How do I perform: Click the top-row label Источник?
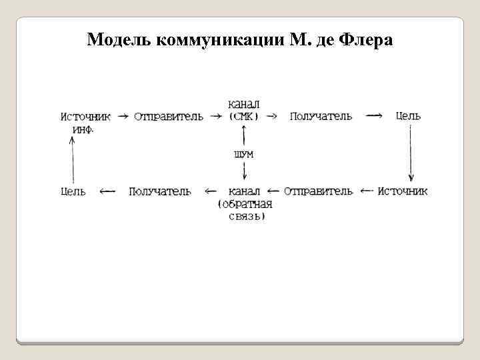tap(86, 116)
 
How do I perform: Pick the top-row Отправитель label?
tap(169, 116)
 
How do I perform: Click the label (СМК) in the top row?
tap(244, 116)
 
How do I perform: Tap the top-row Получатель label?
tap(321, 116)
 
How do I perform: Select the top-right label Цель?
tap(409, 116)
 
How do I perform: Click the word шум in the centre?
tap(244, 154)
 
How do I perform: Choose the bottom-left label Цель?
tap(73, 191)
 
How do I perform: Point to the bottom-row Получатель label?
tap(161, 191)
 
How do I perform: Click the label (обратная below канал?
tap(245, 204)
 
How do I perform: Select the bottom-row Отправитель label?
tap(319, 191)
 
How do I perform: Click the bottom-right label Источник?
tap(403, 191)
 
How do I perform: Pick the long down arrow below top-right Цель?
tap(410, 153)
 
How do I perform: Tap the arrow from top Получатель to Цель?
tap(375, 116)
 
